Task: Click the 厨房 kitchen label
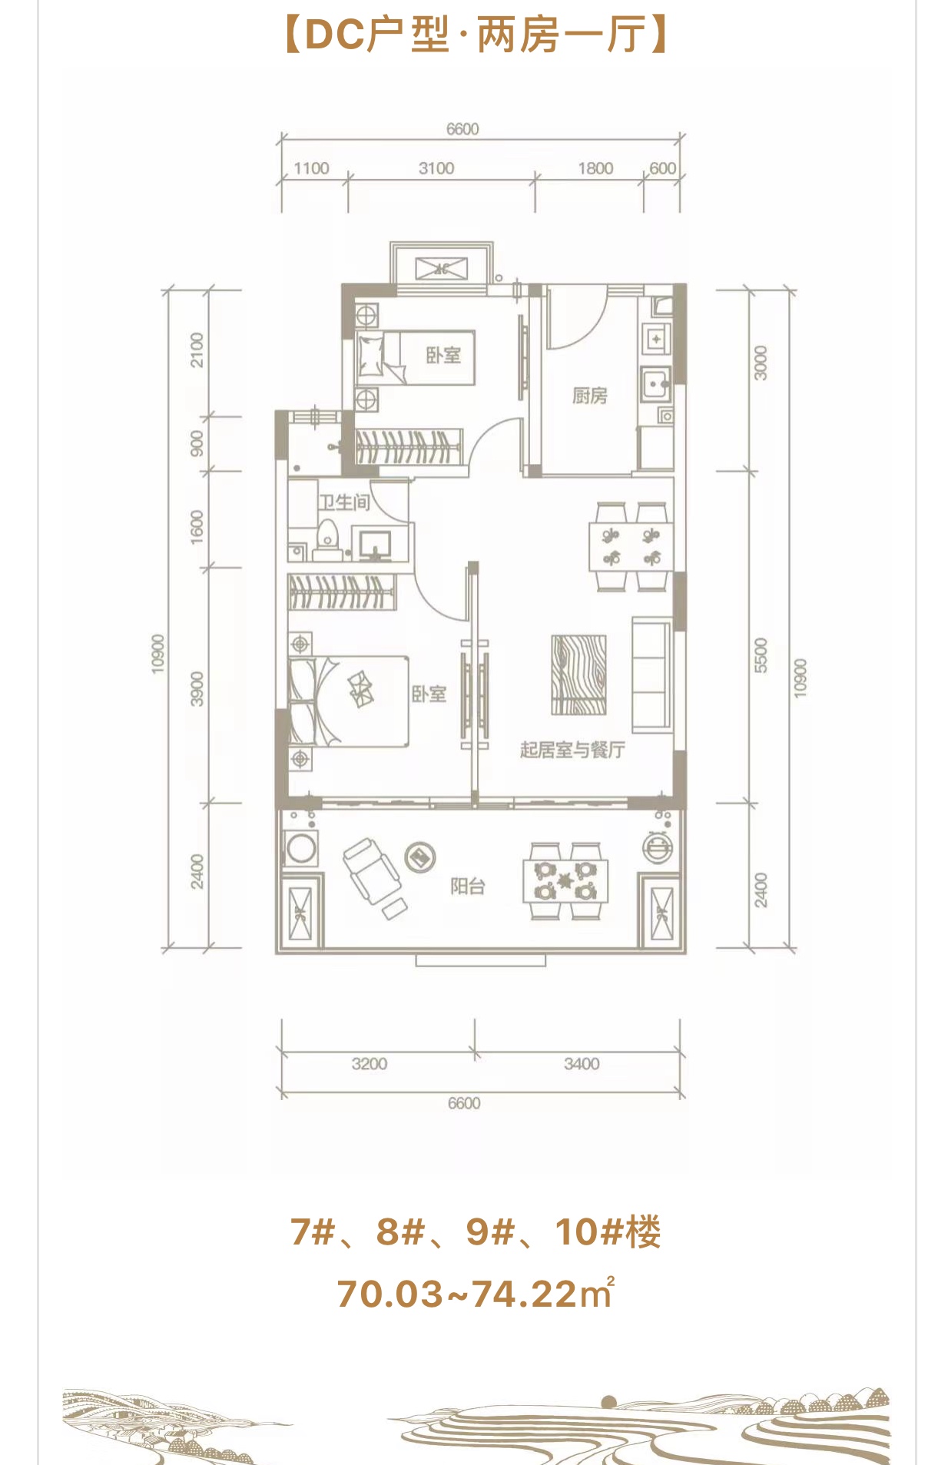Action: (x=589, y=396)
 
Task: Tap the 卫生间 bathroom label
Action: (x=344, y=502)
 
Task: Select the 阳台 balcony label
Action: (x=467, y=887)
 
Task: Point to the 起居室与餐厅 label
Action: (x=572, y=750)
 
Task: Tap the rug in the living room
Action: (x=578, y=674)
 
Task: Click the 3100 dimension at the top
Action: (x=436, y=168)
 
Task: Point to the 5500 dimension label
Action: (x=761, y=655)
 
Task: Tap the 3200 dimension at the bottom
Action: (x=370, y=1064)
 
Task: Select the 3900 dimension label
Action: (x=197, y=688)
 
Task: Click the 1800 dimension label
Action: (x=595, y=168)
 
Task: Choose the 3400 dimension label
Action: (x=582, y=1064)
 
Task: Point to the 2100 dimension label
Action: (x=197, y=350)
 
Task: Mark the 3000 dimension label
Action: (x=761, y=363)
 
